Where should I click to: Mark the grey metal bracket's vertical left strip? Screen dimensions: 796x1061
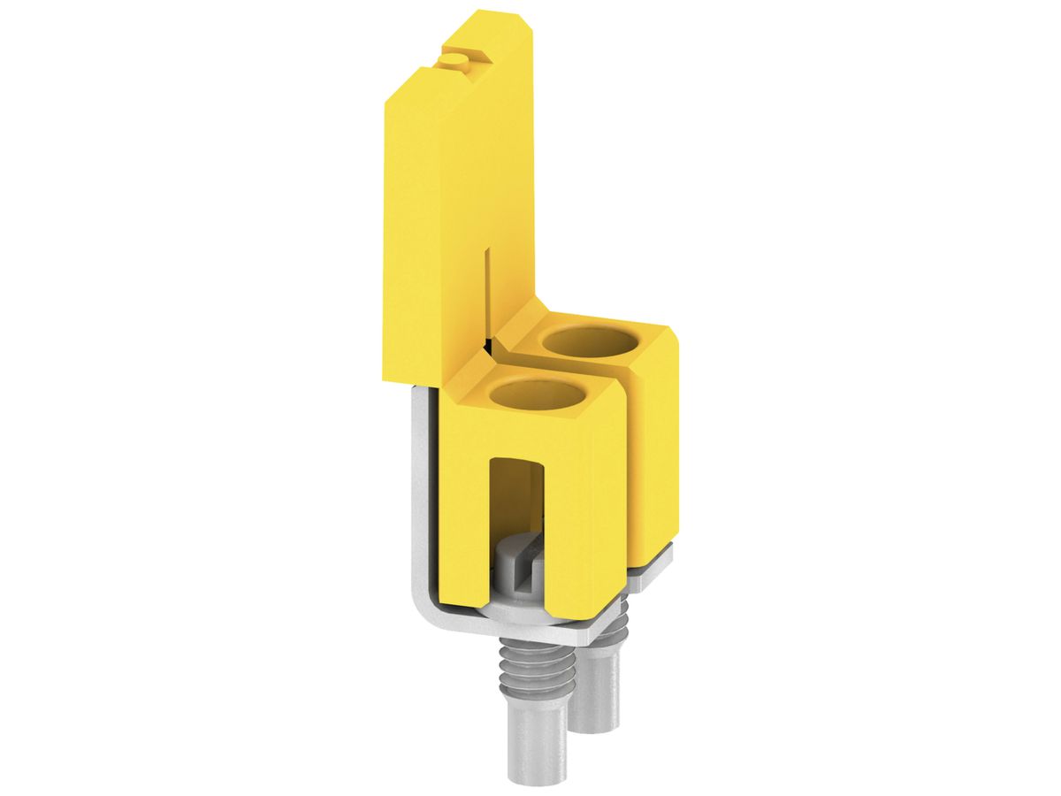click(x=422, y=495)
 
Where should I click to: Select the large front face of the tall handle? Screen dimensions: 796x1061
click(x=433, y=221)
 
